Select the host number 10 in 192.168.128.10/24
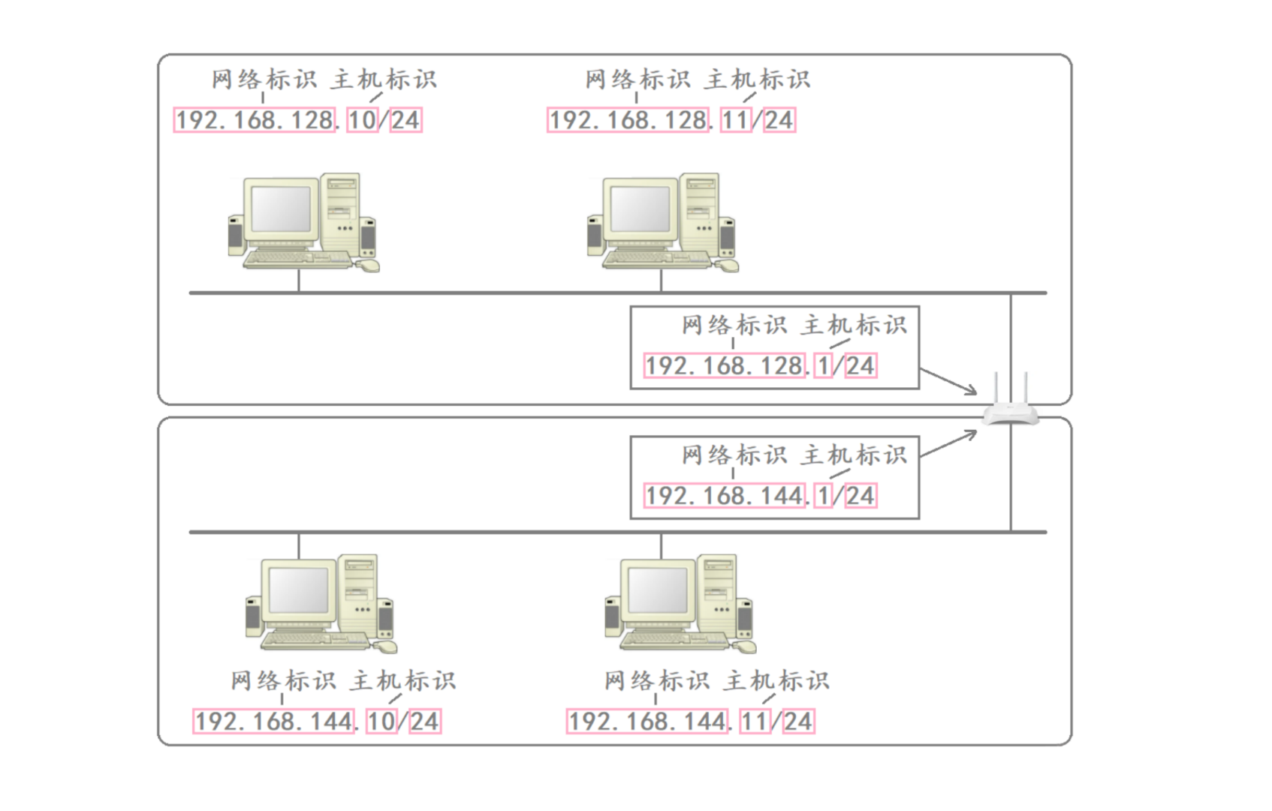[363, 120]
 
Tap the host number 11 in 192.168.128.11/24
[737, 120]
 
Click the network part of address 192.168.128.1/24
[725, 366]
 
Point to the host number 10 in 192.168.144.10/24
[381, 721]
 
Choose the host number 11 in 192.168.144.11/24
[755, 721]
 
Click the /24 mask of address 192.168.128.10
[406, 120]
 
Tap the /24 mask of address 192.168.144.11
[799, 721]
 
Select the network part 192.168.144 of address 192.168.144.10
[274, 721]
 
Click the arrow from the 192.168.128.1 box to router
[948, 381]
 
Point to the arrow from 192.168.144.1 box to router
[948, 443]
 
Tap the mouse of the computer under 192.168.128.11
[727, 265]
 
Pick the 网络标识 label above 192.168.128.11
[638, 80]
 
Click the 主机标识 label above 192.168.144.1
[854, 455]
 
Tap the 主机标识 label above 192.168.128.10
[383, 80]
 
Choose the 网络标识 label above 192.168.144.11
[656, 680]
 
